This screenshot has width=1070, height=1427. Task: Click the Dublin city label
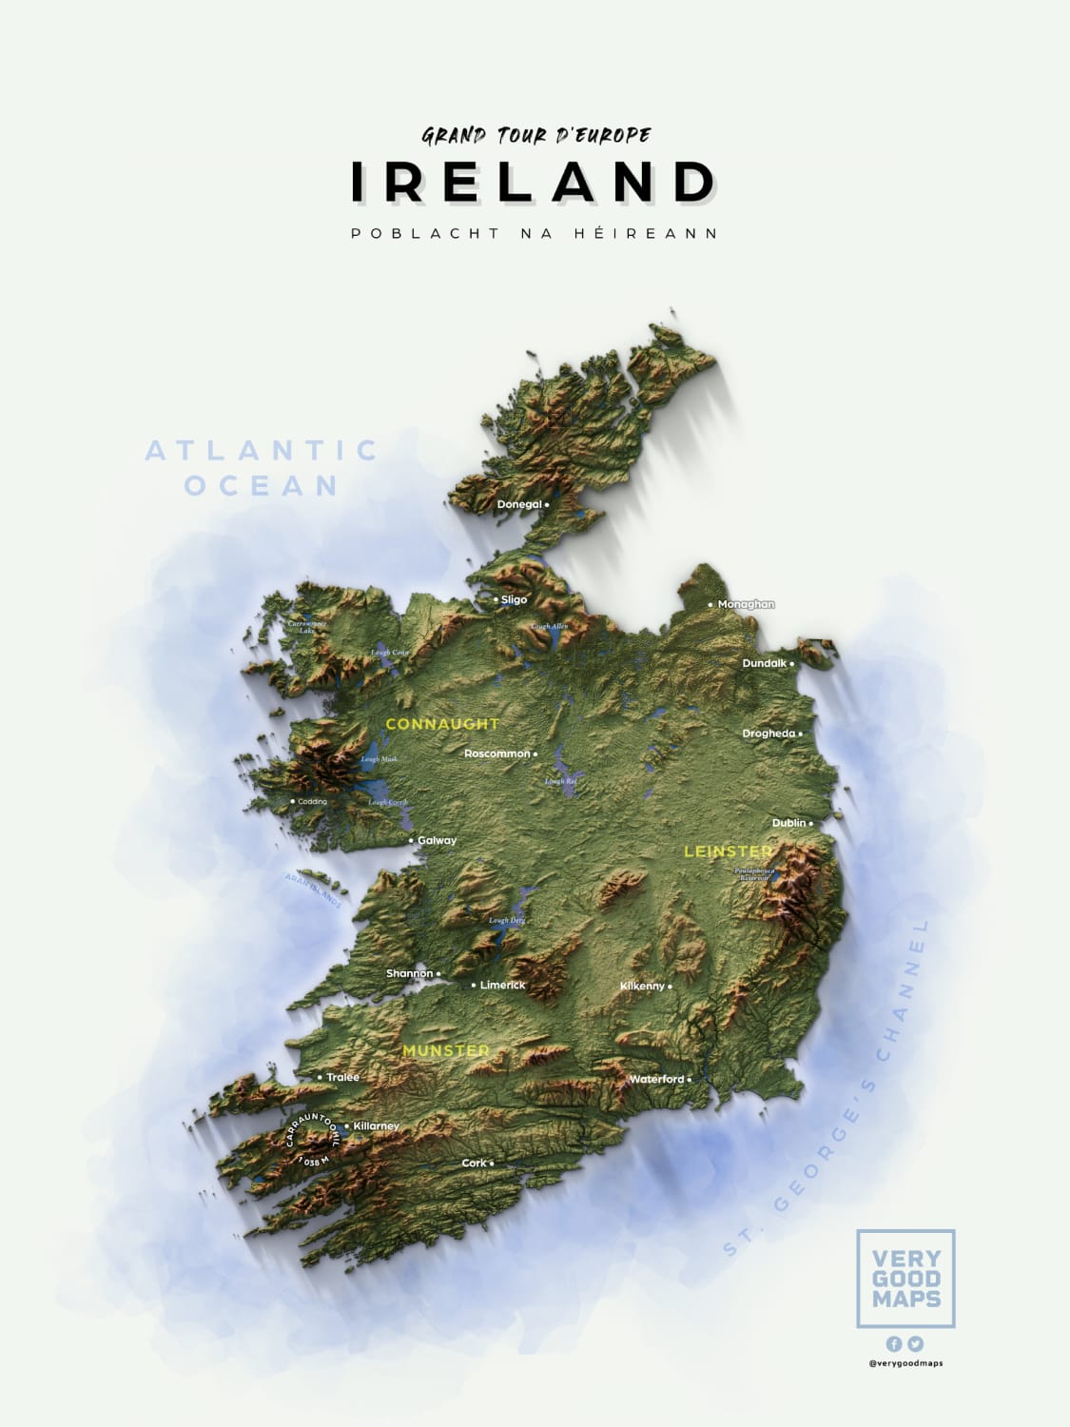click(788, 823)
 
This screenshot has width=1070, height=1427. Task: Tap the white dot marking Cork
click(492, 1163)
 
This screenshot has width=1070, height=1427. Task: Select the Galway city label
click(437, 840)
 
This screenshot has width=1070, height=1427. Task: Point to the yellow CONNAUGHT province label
click(442, 724)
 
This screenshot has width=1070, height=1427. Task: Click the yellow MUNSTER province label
click(446, 1050)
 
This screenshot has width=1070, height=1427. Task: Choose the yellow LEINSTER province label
click(729, 851)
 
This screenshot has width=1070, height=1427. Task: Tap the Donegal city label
click(519, 504)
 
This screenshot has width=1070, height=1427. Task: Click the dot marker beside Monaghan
click(710, 605)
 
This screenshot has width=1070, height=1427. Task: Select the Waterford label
click(656, 1079)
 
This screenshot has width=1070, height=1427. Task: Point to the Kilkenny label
click(642, 987)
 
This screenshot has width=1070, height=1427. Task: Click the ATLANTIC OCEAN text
click(262, 467)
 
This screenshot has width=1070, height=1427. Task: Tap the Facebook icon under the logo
click(894, 1344)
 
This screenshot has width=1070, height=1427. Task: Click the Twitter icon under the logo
click(915, 1344)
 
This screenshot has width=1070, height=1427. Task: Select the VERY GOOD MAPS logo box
click(905, 1279)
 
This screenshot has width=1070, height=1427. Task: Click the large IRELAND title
click(535, 182)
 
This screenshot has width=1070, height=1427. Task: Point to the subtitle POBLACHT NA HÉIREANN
click(535, 233)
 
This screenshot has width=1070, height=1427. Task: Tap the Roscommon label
click(496, 753)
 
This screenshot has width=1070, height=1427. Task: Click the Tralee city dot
click(320, 1077)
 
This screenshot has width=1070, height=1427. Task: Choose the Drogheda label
click(768, 733)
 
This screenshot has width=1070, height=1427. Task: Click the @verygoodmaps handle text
click(905, 1364)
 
